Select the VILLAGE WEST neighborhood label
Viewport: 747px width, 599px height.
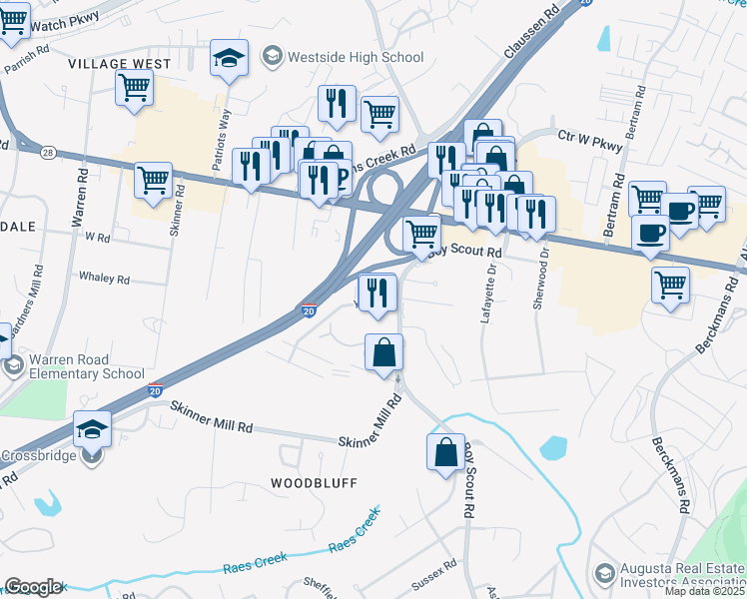point(120,63)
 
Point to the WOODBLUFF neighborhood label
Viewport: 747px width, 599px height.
point(314,482)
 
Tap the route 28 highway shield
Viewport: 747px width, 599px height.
point(48,153)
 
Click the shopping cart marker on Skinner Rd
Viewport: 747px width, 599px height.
point(153,181)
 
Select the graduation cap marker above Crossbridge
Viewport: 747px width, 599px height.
point(93,428)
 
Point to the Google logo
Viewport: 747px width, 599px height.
point(33,587)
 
